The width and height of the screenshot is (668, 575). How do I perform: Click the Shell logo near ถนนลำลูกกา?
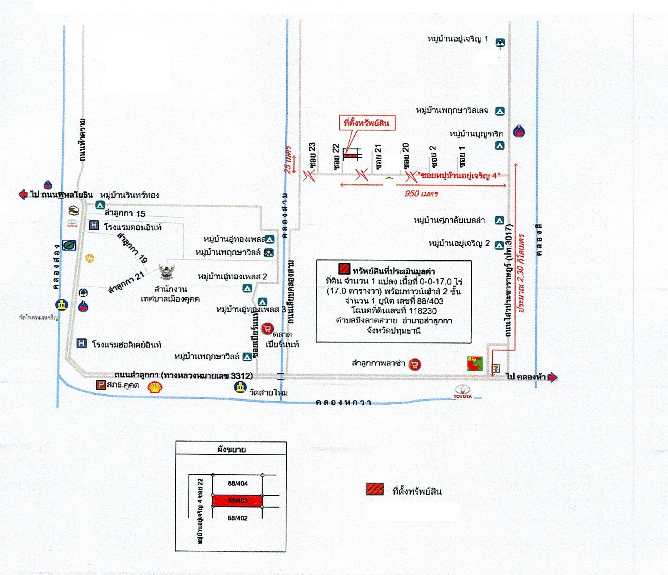pos(155,387)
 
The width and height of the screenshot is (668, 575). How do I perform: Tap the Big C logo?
pos(475,363)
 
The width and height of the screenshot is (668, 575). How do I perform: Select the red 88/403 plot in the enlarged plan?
pos(237,500)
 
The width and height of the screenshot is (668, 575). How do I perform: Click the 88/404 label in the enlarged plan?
pos(238,483)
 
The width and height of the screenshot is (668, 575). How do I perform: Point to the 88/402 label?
pos(237,518)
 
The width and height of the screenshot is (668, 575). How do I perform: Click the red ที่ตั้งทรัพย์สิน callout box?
pos(367,123)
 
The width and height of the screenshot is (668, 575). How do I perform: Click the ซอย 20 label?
pos(406,156)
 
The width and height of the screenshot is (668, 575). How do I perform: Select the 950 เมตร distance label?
pos(421,193)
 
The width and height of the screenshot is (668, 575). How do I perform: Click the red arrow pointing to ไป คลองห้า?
pos(552,377)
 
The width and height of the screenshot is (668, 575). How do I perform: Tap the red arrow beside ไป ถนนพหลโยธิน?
pos(23,195)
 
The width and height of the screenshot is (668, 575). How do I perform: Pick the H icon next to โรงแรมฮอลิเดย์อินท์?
pos(82,343)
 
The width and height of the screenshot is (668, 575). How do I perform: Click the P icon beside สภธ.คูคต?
pos(101,385)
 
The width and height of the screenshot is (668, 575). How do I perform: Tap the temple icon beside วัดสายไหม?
pos(240,387)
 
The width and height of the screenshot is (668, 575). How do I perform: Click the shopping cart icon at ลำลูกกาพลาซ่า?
pos(414,365)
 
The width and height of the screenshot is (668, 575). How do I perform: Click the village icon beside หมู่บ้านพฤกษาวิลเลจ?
pos(500,111)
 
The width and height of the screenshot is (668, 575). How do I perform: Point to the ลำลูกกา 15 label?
pos(125,213)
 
